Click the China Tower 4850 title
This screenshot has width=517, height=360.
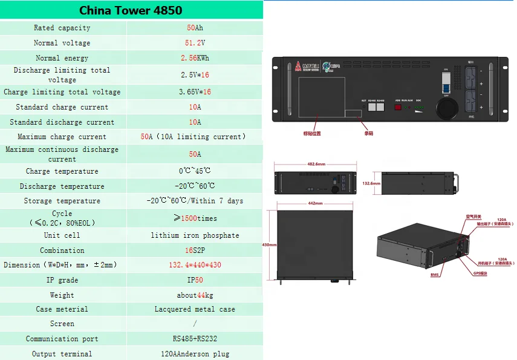[131, 10]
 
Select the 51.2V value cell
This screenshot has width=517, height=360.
[195, 43]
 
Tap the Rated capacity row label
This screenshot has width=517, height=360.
[62, 28]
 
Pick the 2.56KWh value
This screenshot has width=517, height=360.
[195, 58]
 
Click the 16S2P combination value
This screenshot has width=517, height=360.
[195, 250]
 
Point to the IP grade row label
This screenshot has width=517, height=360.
[62, 280]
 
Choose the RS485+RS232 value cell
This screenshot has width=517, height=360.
[195, 339]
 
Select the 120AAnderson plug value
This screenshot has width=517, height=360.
[195, 354]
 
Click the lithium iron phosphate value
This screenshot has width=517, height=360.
[195, 235]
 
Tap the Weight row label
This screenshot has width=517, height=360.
[62, 295]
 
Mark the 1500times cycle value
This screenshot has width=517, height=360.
[195, 218]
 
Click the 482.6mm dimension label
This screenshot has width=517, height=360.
[316, 164]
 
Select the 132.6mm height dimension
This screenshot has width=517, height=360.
[371, 183]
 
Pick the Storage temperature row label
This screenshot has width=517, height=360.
[62, 201]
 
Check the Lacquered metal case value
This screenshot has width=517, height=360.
[195, 309]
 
